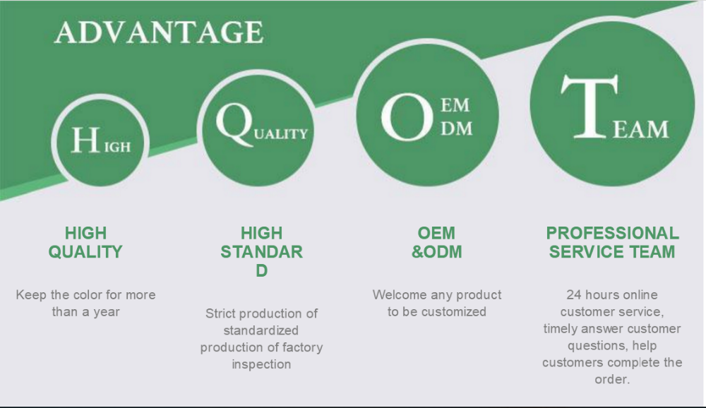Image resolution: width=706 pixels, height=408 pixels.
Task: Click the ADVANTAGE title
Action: point(159,32)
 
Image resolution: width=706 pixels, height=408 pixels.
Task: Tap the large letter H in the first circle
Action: point(85,140)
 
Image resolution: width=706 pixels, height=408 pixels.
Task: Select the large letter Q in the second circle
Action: point(234,124)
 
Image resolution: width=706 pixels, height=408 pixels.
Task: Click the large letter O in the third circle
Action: point(407,117)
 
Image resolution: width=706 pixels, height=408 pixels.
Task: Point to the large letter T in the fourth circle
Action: point(590,107)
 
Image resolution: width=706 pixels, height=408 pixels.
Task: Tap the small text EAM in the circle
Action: point(641,129)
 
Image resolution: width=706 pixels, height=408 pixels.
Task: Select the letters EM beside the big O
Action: point(455,105)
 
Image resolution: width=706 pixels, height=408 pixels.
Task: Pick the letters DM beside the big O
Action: point(457,128)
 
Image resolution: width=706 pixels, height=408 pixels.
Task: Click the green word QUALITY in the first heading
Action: point(85,252)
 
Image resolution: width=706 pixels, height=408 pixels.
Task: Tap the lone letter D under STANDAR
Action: point(262,270)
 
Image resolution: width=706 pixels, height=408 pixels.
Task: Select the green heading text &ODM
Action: point(437,252)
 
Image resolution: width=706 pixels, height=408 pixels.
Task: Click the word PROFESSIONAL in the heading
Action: point(612,233)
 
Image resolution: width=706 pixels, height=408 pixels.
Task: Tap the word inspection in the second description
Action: point(261,364)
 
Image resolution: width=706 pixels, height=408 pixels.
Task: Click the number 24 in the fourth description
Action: point(574,294)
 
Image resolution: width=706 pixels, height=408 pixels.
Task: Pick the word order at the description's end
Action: point(611,379)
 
